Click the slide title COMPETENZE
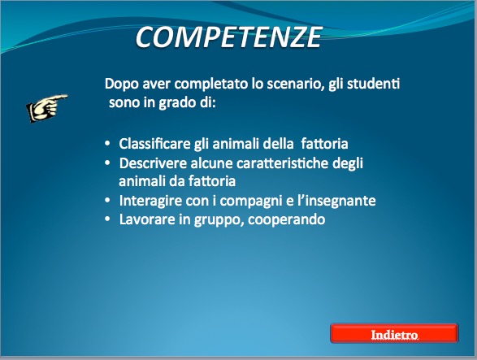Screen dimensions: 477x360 [228, 37]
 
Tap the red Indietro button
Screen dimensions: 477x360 [394, 333]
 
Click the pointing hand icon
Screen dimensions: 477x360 [47, 107]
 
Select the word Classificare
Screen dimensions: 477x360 [154, 144]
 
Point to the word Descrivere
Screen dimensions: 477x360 [153, 163]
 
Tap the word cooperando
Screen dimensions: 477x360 [287, 219]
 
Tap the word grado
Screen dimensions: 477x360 [177, 103]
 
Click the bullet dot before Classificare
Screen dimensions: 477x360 [107, 144]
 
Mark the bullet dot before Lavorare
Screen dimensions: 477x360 [107, 219]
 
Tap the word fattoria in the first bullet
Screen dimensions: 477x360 [324, 144]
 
